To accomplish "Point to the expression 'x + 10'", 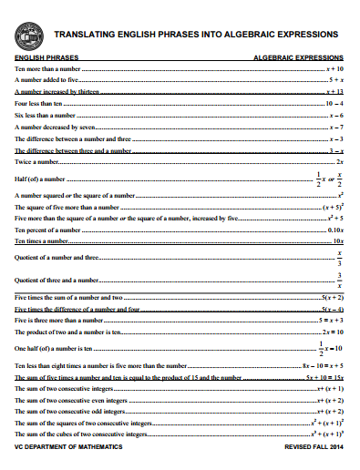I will [x=334, y=68].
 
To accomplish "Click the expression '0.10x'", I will [x=334, y=230].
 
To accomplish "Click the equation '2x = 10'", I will [x=332, y=332].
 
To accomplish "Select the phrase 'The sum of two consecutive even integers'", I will [x=71, y=401].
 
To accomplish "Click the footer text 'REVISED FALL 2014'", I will [x=314, y=449].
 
